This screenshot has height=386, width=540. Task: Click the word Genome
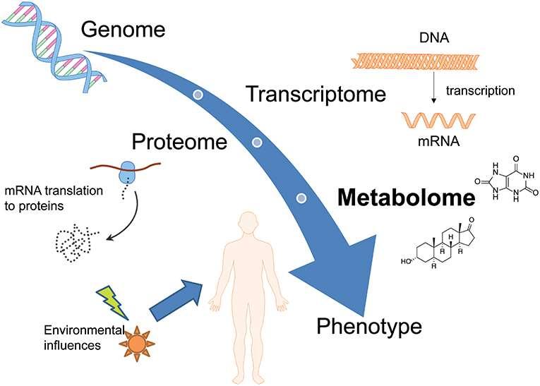click(124, 30)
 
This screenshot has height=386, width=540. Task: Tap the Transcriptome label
click(316, 94)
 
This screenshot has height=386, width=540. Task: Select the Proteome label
click(179, 142)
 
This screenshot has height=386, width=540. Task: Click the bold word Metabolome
click(407, 198)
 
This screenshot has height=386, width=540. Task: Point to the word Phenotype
click(369, 326)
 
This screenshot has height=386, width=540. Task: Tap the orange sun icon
click(137, 343)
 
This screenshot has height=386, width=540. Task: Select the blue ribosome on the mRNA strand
click(126, 172)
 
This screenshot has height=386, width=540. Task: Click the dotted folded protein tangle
click(76, 243)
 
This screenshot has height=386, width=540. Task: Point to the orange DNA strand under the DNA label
click(415, 62)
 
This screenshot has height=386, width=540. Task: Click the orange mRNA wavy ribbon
click(438, 121)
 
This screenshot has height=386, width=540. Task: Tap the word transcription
click(481, 91)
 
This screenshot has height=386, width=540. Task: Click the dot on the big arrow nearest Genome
click(198, 95)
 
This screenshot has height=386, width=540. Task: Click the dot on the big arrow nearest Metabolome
click(301, 198)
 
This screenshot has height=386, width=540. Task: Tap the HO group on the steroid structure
click(407, 261)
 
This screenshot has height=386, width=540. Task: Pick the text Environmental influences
click(85, 337)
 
